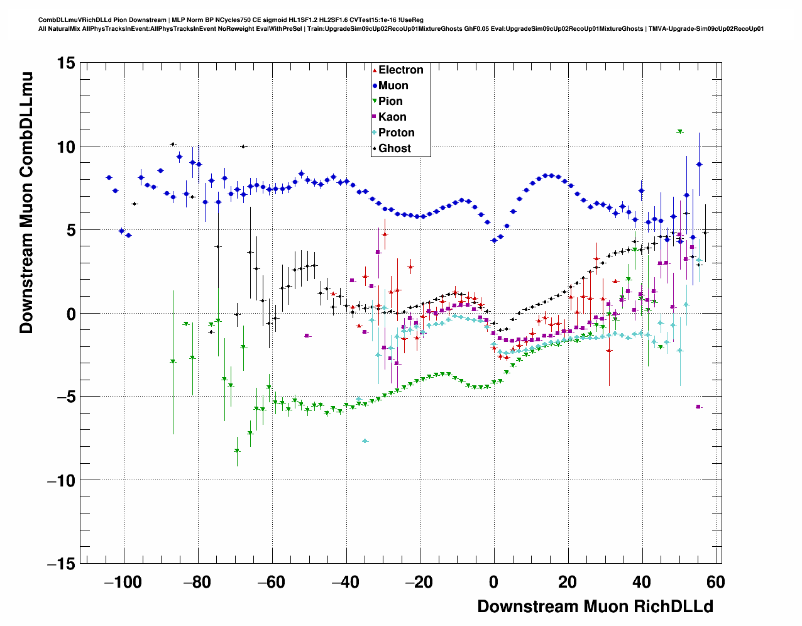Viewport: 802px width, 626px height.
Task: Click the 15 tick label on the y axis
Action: (65, 63)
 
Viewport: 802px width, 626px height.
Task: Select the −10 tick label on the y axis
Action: (60, 481)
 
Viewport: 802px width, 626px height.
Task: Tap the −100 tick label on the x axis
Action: (123, 582)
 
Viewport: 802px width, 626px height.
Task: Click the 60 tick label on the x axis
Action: (715, 582)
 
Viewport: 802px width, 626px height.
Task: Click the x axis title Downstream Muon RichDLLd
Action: (595, 607)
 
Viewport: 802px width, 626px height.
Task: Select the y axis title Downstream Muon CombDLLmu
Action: (26, 202)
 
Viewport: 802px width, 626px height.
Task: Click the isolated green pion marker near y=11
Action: (679, 131)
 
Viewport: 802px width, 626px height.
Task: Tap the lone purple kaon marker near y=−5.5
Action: (698, 407)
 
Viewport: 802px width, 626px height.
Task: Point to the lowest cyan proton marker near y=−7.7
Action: (365, 441)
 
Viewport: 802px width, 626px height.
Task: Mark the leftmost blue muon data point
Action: (109, 178)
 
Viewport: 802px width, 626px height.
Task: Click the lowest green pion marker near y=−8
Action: (237, 451)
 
